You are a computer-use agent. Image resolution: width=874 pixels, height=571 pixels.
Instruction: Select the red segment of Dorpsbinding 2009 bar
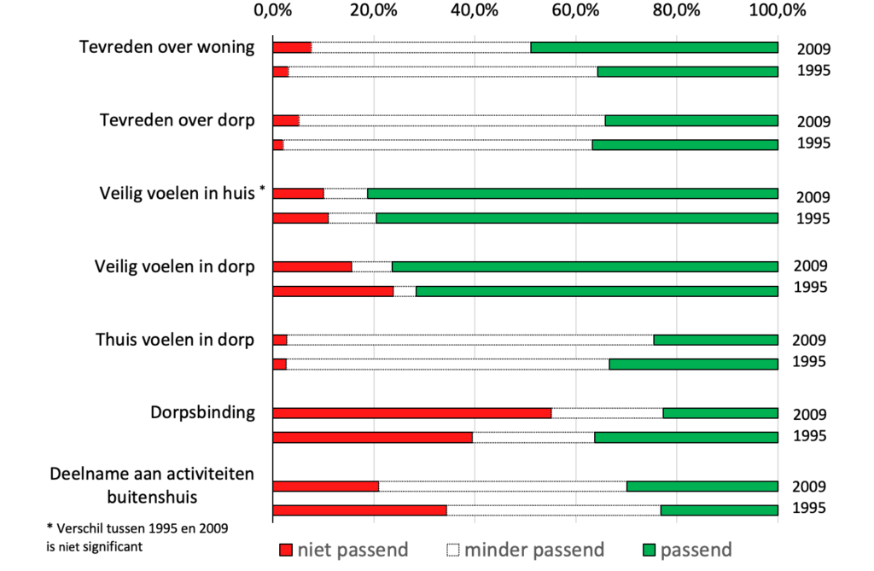411,413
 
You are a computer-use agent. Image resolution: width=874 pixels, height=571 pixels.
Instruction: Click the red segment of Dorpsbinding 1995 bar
372,437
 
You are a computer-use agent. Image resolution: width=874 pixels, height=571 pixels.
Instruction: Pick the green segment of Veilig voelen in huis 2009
572,193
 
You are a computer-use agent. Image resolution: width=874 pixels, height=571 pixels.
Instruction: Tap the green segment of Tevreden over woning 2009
654,47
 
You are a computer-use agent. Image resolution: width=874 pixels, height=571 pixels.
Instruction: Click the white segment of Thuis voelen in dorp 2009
469,340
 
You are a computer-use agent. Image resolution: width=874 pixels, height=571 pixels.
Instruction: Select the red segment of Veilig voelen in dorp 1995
332,291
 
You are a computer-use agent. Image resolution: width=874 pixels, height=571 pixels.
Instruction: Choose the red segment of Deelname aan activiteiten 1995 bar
359,510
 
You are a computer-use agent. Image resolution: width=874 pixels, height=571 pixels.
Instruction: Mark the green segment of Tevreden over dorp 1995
685,144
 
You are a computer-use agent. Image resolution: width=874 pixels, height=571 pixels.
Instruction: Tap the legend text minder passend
533,549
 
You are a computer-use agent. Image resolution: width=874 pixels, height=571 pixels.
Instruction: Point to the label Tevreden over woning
166,46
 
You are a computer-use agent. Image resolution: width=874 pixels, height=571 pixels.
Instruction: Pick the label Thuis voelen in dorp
175,340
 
